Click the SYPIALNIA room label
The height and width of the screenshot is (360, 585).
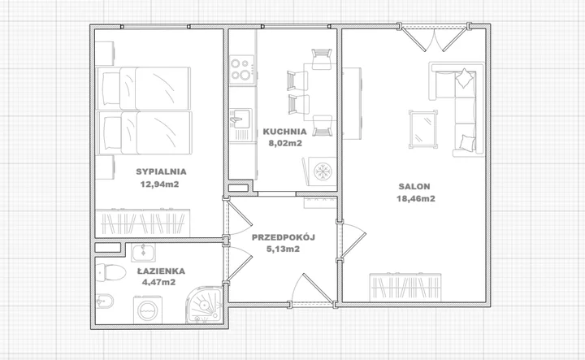click(161, 171)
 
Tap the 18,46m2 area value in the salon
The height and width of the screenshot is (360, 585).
click(416, 198)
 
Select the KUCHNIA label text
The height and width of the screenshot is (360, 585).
click(284, 132)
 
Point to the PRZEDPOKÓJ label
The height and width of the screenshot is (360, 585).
click(284, 237)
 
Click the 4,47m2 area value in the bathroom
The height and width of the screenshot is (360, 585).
click(158, 282)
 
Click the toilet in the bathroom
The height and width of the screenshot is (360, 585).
click(110, 272)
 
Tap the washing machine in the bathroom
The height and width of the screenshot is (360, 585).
click(148, 310)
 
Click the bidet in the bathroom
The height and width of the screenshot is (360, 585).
click(105, 301)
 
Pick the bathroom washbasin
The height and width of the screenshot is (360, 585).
click(143, 252)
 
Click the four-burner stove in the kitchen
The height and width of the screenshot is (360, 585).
click(242, 70)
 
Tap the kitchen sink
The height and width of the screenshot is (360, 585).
click(240, 119)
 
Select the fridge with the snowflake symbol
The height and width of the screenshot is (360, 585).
click(320, 171)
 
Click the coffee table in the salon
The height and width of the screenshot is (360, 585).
click(423, 128)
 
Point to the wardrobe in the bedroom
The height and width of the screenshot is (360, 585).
click(142, 223)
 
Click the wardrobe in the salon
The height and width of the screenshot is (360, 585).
click(405, 287)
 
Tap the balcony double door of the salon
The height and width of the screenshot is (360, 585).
click(434, 38)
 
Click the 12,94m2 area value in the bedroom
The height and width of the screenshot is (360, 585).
click(159, 184)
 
